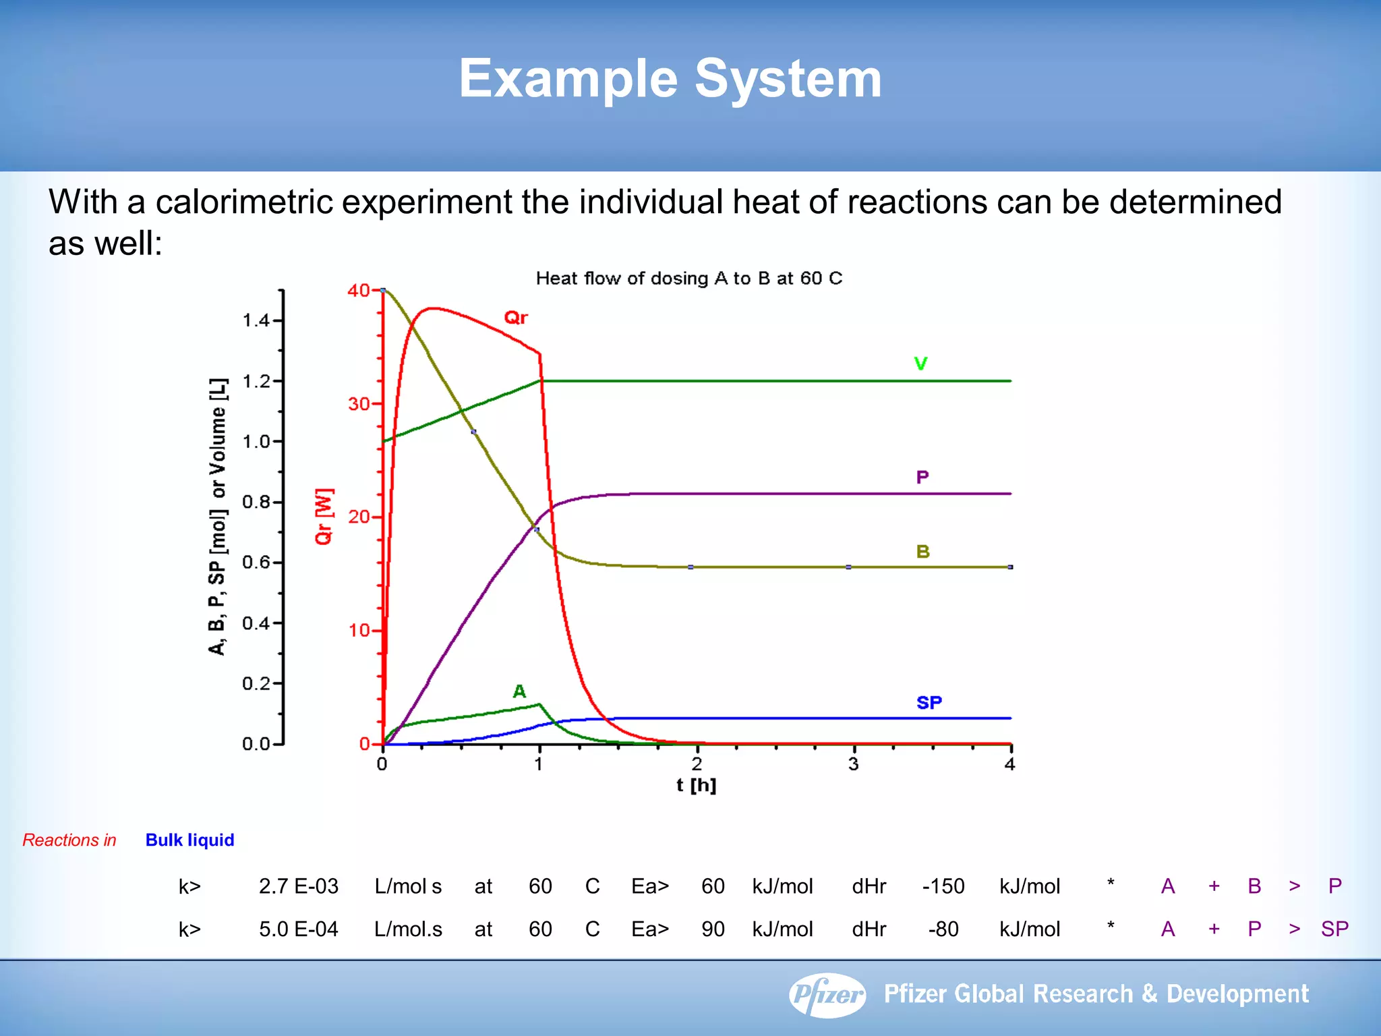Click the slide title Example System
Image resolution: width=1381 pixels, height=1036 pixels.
click(x=670, y=79)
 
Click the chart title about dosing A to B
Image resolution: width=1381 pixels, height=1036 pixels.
click(x=688, y=279)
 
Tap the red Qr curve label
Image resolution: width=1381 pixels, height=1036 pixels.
click(x=516, y=318)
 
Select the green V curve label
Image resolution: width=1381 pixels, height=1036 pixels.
click(x=920, y=364)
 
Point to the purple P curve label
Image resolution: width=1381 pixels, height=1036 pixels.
click(x=922, y=478)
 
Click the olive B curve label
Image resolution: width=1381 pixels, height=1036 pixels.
click(x=922, y=552)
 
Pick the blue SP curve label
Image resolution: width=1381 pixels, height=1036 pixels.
click(x=929, y=703)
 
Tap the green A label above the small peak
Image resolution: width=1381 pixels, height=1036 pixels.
click(x=519, y=691)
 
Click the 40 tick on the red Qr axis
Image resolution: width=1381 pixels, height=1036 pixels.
click(x=359, y=291)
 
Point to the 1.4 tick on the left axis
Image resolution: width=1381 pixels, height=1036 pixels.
click(x=256, y=320)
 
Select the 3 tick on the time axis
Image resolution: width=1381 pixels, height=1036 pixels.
click(x=854, y=764)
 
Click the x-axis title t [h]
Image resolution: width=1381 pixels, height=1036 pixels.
click(x=696, y=785)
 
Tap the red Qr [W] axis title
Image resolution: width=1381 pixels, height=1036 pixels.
click(x=324, y=516)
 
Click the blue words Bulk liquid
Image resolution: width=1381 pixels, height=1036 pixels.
click(x=189, y=840)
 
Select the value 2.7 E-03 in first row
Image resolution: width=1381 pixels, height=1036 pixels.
click(x=298, y=886)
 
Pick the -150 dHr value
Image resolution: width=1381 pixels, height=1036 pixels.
click(x=943, y=886)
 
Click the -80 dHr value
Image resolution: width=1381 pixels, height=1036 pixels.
click(x=943, y=929)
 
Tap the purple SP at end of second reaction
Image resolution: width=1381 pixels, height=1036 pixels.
click(x=1334, y=929)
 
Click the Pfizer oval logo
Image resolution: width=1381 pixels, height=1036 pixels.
click(x=827, y=994)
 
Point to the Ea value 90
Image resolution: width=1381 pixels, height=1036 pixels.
click(x=712, y=929)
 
